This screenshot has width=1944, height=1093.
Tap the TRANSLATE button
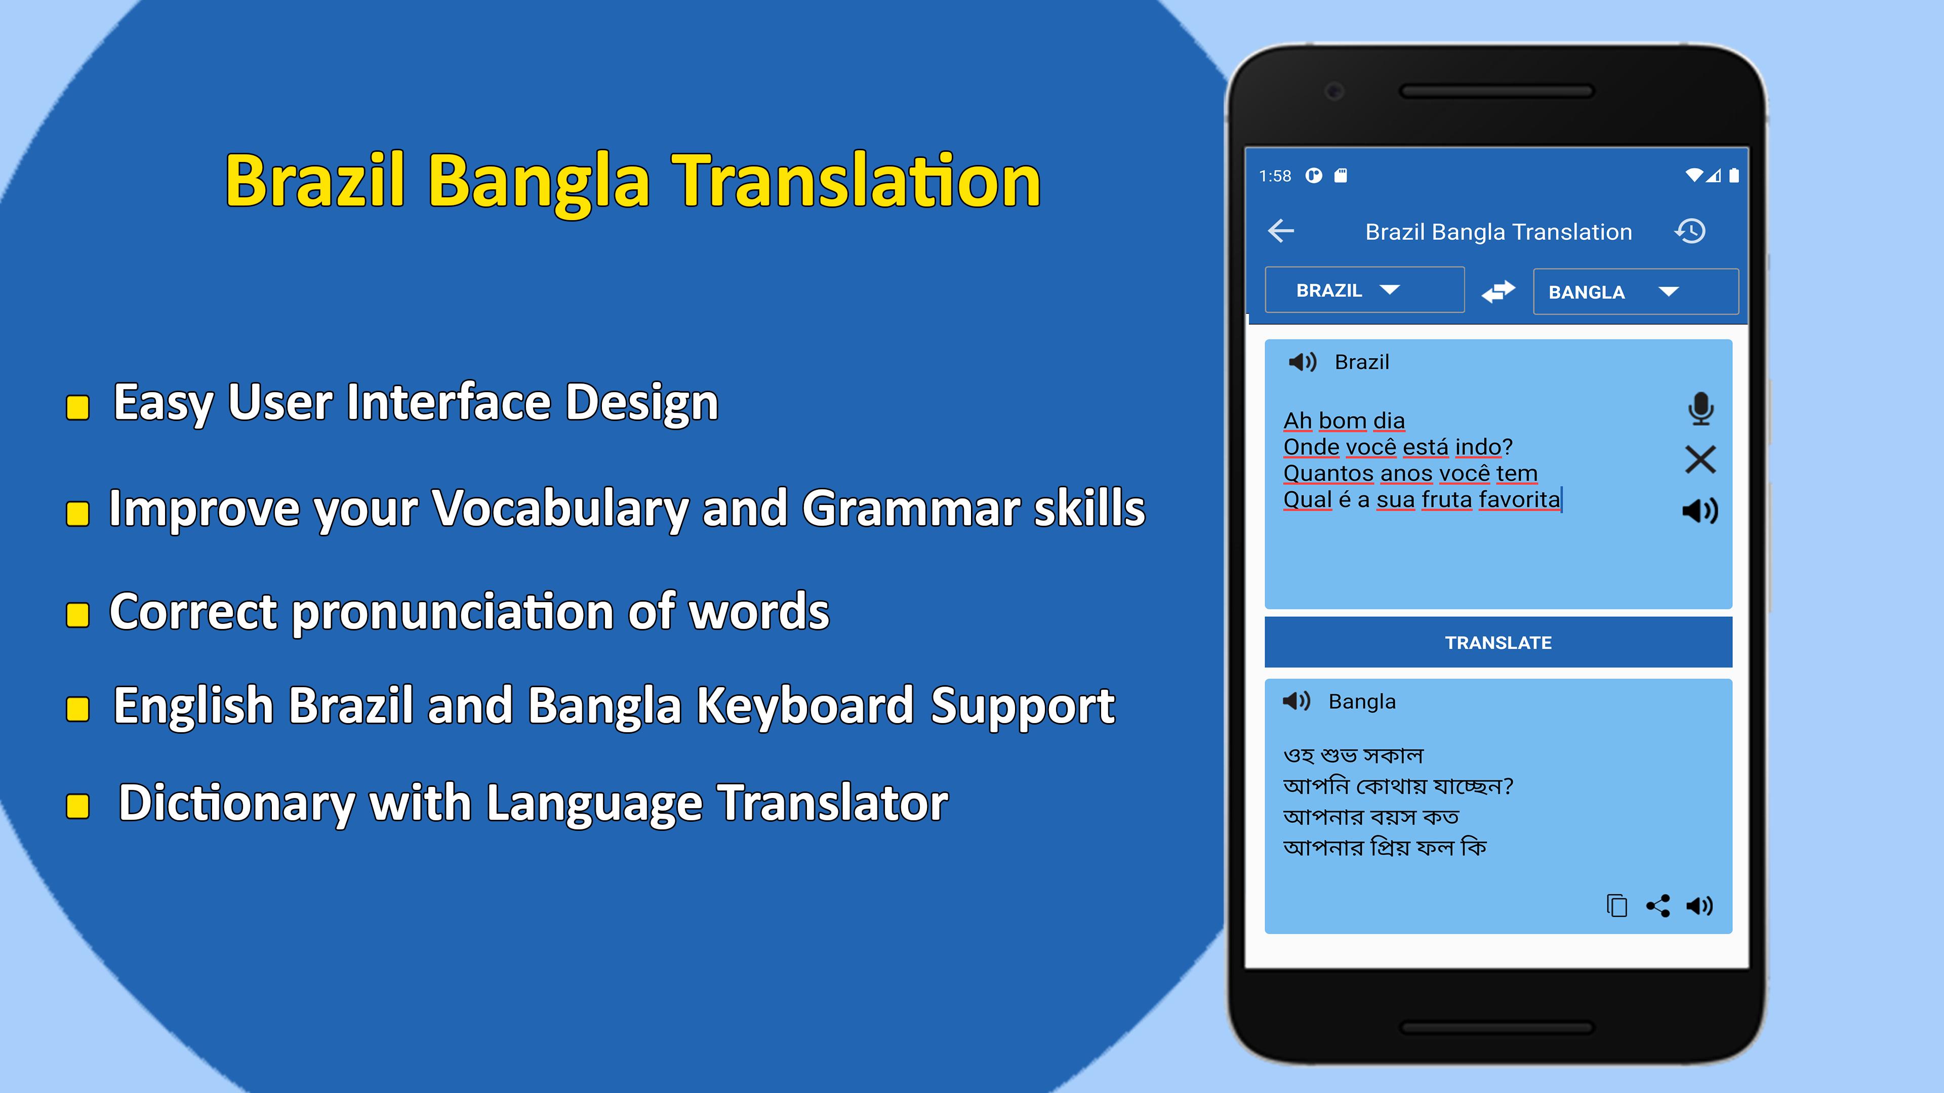point(1498,642)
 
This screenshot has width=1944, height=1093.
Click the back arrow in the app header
point(1281,231)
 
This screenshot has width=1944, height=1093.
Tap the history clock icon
point(1690,231)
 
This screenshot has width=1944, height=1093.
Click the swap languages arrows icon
point(1498,290)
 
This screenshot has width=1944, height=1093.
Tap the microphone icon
point(1700,408)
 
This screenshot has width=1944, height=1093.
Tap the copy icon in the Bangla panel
point(1616,905)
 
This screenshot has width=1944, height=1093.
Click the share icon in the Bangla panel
point(1658,905)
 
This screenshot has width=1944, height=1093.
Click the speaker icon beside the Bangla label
point(1297,701)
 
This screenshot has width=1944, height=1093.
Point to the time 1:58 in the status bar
point(1275,176)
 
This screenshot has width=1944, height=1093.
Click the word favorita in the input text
point(1519,499)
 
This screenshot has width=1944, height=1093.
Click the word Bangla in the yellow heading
point(539,183)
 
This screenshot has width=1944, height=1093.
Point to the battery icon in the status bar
point(1734,176)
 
